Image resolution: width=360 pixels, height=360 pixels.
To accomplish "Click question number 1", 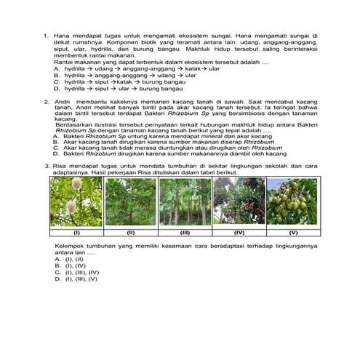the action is point(46,35).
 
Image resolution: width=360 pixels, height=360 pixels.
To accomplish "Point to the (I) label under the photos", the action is point(76,233).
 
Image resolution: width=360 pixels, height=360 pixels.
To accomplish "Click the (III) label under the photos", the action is point(185,233).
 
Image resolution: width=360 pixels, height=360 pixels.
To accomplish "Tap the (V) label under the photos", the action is point(293,233).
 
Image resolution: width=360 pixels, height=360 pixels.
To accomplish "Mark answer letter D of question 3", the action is point(58,279).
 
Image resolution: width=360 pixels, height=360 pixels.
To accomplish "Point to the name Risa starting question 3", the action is point(61,167).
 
